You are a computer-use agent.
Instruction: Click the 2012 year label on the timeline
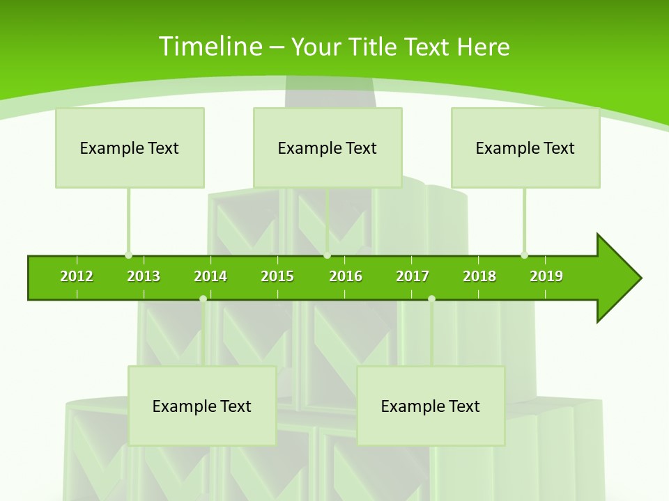click(77, 276)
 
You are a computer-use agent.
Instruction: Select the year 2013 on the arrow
click(144, 276)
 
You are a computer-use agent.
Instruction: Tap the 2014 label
click(210, 276)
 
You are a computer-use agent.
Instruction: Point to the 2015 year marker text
click(277, 276)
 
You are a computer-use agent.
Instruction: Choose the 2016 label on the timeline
click(346, 276)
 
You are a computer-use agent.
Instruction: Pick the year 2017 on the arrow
click(413, 276)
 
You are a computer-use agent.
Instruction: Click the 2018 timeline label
click(479, 276)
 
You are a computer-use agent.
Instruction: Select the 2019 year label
click(546, 276)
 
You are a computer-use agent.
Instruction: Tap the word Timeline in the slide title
click(210, 47)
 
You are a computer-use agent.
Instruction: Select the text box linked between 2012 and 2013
click(130, 148)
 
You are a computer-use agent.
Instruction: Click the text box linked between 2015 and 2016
click(328, 148)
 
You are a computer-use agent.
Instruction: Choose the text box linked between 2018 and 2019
click(525, 148)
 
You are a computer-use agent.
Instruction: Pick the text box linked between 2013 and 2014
click(202, 406)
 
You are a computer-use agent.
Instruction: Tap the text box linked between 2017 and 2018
click(431, 406)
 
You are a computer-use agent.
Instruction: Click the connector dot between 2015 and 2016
click(328, 255)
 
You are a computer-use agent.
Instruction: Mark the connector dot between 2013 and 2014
click(203, 299)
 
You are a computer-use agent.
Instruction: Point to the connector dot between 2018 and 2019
click(525, 255)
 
